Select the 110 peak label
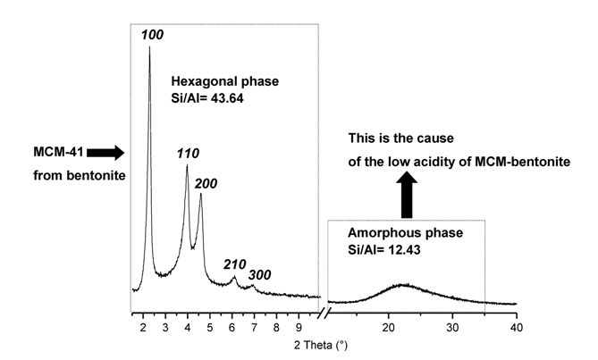pos(187,154)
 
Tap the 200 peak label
pos(207,181)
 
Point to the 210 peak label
pos(235,264)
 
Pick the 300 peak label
pos(261,274)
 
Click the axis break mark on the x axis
pos(331,314)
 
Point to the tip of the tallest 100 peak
pos(148,46)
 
